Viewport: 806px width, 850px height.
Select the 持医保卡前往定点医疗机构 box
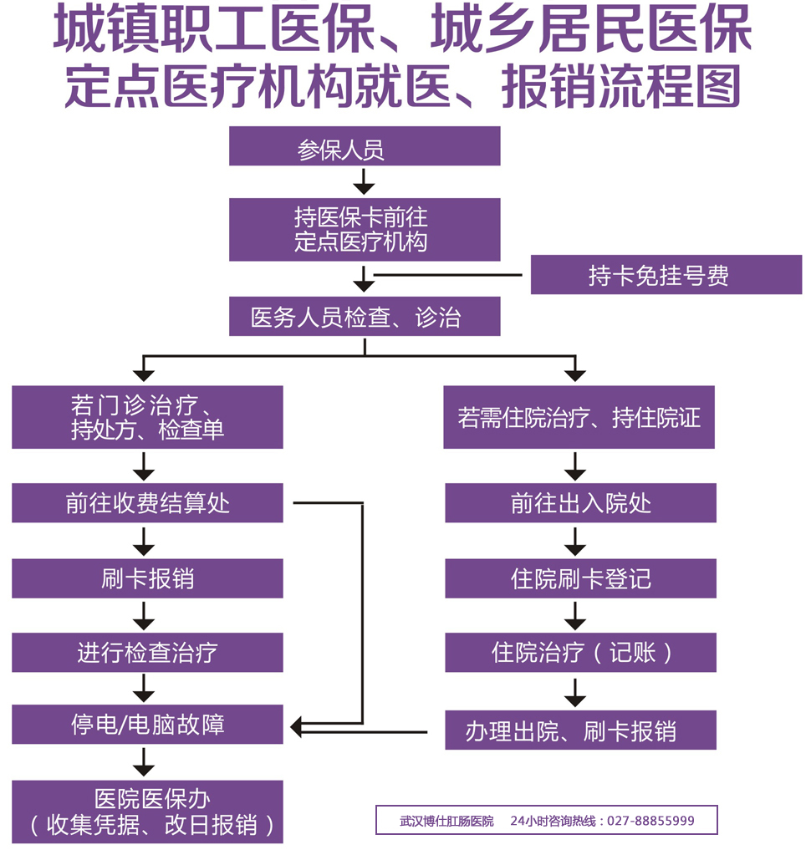click(365, 230)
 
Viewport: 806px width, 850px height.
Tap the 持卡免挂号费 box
click(666, 275)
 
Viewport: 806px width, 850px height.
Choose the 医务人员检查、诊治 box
click(365, 317)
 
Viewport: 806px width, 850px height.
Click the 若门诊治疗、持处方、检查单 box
click(147, 417)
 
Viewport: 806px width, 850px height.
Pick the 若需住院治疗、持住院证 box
click(579, 417)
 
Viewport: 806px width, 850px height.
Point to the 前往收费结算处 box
click(147, 503)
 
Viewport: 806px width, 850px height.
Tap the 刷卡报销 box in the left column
click(147, 578)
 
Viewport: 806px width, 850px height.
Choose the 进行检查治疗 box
click(147, 652)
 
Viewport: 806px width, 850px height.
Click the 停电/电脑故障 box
click(147, 724)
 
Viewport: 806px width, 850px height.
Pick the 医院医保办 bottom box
click(147, 812)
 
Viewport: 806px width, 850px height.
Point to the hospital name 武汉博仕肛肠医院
click(446, 821)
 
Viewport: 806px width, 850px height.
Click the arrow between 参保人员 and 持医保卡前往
click(364, 181)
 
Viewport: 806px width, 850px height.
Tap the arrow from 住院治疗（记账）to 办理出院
click(574, 691)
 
